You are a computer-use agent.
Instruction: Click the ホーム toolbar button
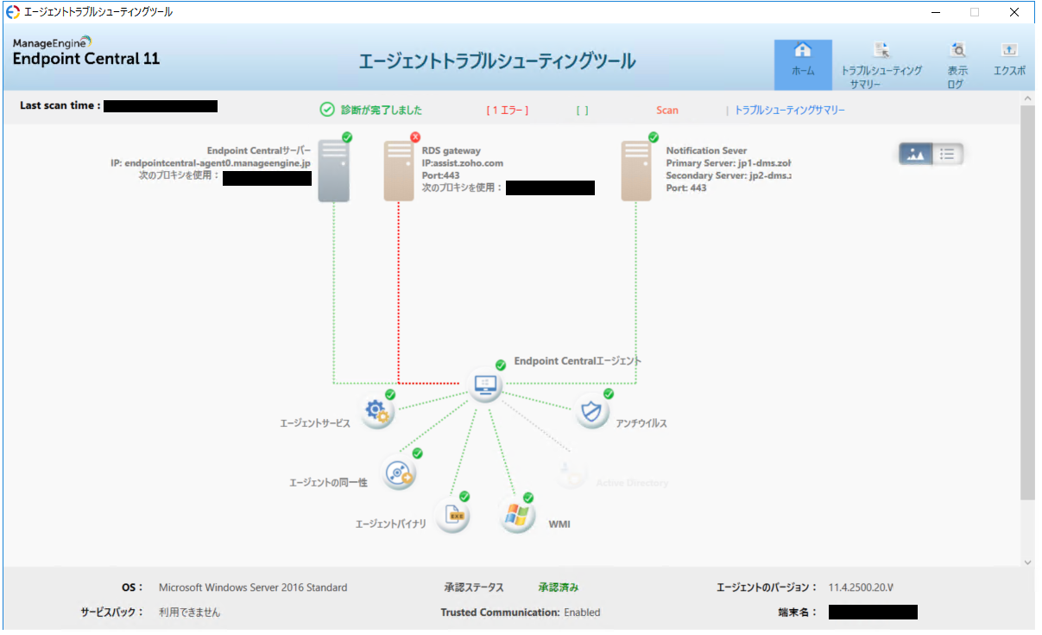803,64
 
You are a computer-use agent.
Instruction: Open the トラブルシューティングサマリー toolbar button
881,64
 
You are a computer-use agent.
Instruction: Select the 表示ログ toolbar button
957,64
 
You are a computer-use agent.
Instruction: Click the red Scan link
666,111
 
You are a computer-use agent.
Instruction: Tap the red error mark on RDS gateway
415,137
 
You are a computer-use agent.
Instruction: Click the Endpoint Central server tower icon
334,171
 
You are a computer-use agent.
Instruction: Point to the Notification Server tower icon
636,171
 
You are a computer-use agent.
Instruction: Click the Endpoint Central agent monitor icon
483,384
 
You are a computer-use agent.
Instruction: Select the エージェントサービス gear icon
377,412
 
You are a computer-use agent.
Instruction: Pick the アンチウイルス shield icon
591,412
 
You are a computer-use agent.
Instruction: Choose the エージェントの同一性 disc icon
399,473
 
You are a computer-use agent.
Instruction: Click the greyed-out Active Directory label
632,483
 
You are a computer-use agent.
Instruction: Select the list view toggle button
947,154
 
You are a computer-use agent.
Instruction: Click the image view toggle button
915,154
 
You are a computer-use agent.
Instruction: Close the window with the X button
1014,12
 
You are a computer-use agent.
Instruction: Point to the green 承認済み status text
559,587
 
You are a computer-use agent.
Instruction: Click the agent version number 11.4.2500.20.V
861,587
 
